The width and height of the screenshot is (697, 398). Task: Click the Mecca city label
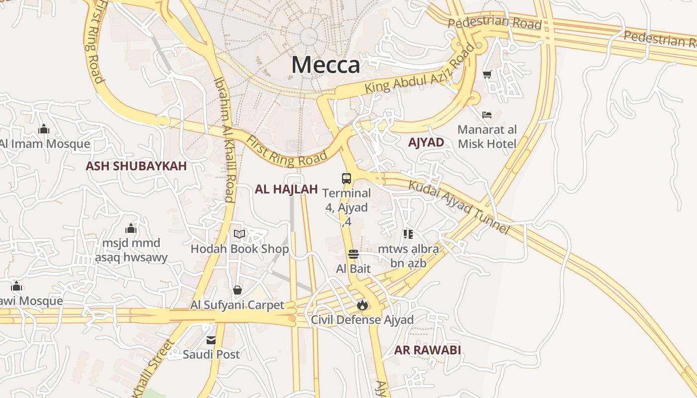coord(326,65)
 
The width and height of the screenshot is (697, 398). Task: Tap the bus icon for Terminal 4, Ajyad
coord(347,179)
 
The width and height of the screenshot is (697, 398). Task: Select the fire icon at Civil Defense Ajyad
coord(362,304)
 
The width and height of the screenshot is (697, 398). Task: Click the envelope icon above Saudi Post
coord(211,340)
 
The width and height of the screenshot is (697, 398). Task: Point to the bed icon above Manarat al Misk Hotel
coord(487,115)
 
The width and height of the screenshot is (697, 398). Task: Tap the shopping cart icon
coord(487,75)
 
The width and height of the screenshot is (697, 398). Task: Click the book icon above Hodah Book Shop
coord(239,234)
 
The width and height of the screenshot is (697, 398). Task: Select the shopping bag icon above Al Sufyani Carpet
coord(237,290)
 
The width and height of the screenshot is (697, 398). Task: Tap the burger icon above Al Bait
coord(353,254)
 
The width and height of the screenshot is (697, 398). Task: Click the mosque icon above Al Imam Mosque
coord(44,129)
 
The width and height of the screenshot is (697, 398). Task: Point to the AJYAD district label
coord(426,142)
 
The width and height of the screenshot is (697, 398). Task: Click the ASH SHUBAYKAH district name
coord(136,166)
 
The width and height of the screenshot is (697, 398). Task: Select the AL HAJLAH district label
coord(286,189)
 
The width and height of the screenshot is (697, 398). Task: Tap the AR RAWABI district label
coord(427,350)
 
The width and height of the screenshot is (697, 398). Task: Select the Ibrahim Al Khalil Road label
coord(225,139)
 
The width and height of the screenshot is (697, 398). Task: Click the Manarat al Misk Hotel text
coord(487,137)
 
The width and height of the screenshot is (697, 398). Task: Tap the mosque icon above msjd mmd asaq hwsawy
coord(131,229)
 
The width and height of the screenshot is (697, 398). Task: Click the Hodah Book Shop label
coord(239,249)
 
